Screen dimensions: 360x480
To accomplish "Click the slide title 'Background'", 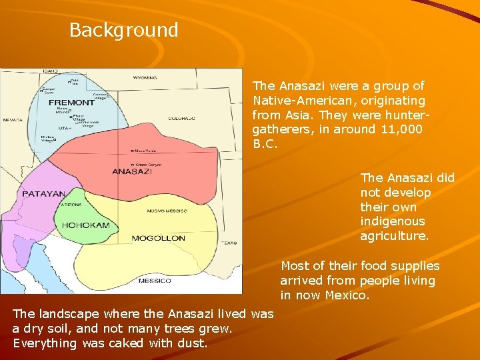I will coord(123,30).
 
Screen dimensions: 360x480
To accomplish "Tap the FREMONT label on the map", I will coord(71,103).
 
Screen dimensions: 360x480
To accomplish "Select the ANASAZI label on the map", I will coord(132,171).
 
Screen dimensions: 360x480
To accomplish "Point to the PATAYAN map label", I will coord(43,194).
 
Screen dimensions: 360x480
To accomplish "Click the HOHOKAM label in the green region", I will coord(85,225).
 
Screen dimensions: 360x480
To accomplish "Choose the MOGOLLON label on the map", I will coord(158,238).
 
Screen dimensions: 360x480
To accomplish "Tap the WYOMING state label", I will coord(145,78).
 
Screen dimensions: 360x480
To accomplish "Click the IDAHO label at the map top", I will coord(50,71).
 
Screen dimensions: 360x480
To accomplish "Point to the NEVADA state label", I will coord(12,120).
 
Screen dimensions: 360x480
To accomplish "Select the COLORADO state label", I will coord(181,119).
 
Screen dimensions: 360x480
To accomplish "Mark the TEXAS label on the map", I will coord(229,243).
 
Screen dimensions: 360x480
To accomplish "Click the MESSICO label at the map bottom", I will coord(155,281).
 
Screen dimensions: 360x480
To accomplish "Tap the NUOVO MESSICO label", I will coord(167,211).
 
